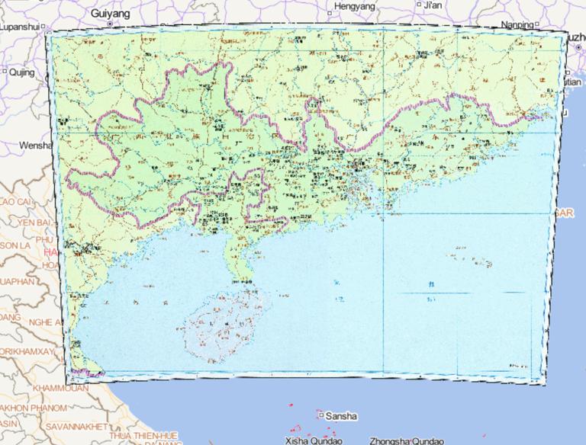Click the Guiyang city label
(110, 14)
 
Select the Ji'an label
(432, 5)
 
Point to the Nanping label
(518, 24)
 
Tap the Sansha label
(340, 417)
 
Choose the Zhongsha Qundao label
(405, 440)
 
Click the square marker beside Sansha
(320, 416)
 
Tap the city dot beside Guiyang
(110, 24)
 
